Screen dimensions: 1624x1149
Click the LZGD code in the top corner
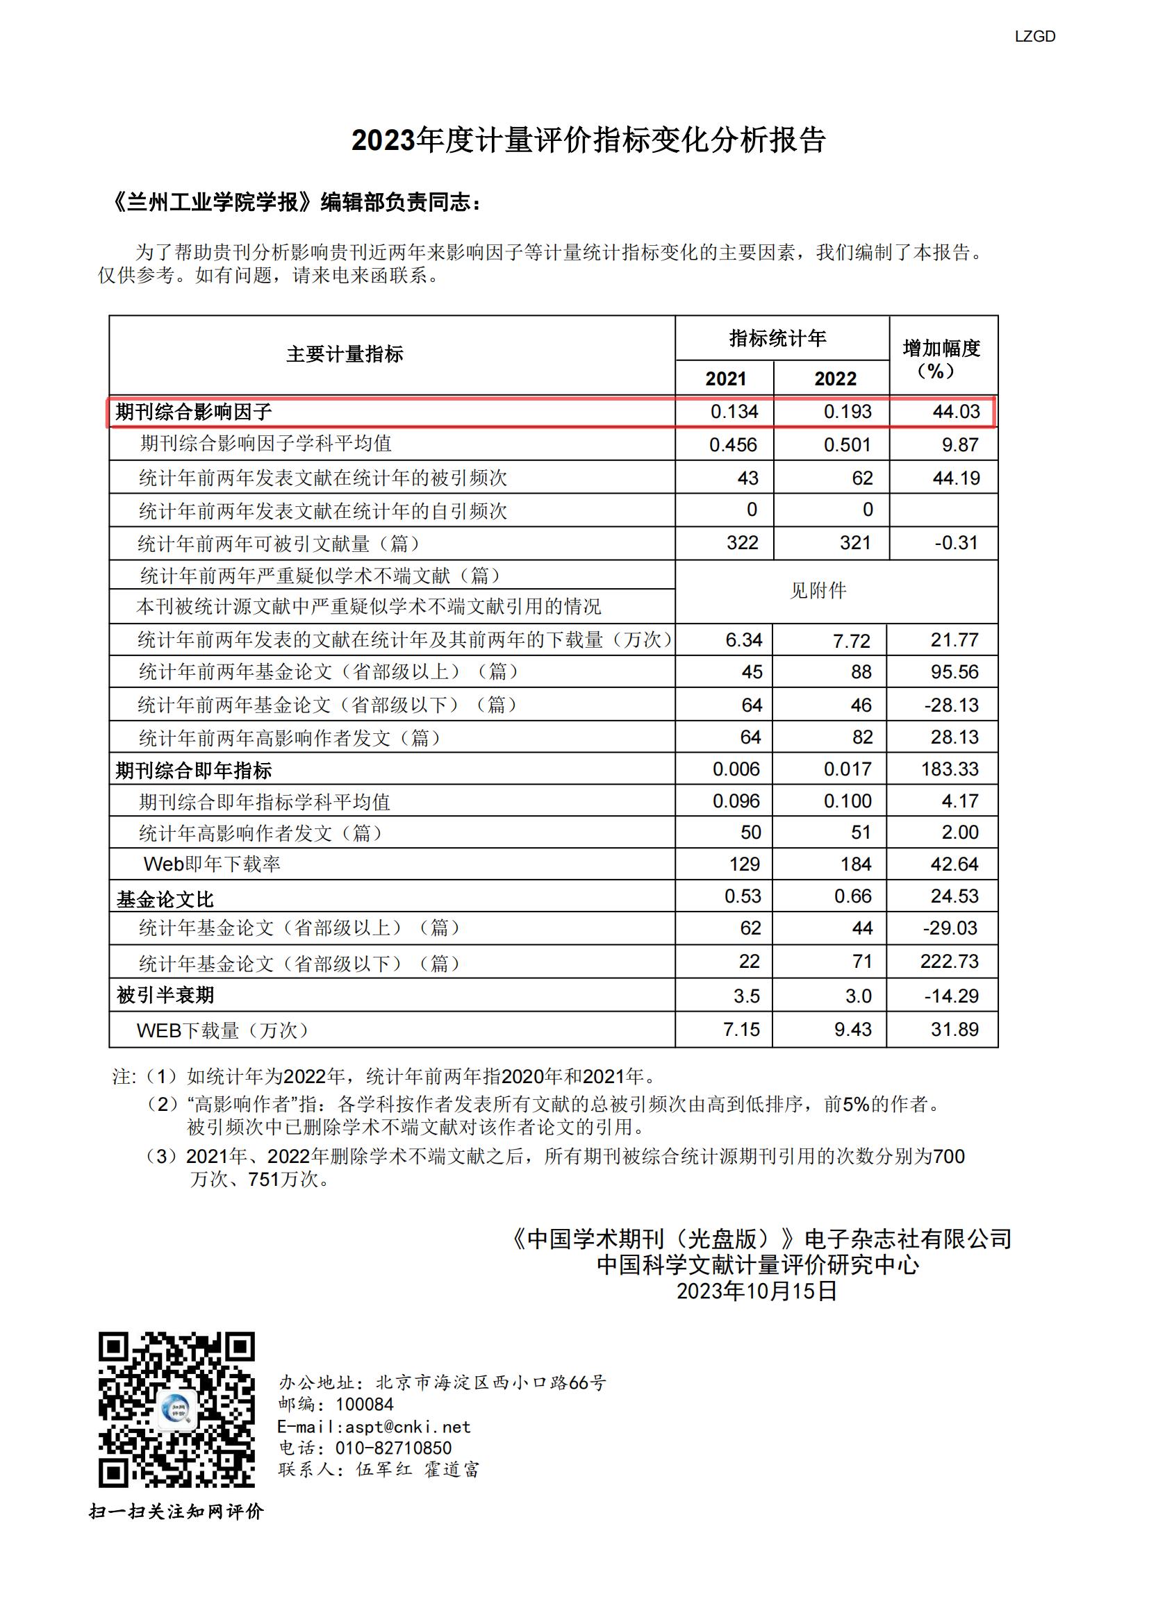pos(1034,37)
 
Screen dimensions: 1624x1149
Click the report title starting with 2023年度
pos(588,140)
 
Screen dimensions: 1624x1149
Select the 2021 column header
pos(725,378)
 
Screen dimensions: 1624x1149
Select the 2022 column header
pos(835,378)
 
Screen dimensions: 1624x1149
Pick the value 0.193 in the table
pos(848,412)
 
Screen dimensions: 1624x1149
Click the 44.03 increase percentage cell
pos(956,412)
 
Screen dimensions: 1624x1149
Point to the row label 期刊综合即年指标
pos(193,770)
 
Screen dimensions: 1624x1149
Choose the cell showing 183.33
pos(950,769)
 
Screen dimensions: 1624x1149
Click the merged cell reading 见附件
pos(818,591)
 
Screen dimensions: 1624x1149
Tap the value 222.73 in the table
pos(950,961)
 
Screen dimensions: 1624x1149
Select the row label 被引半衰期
pos(165,995)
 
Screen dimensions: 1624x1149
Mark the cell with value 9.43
pos(852,1029)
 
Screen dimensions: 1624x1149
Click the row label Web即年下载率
pos(213,864)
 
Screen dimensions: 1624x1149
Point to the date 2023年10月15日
pos(757,1291)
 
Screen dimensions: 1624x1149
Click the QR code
pos(176,1409)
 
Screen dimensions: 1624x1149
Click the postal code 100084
pos(365,1405)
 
